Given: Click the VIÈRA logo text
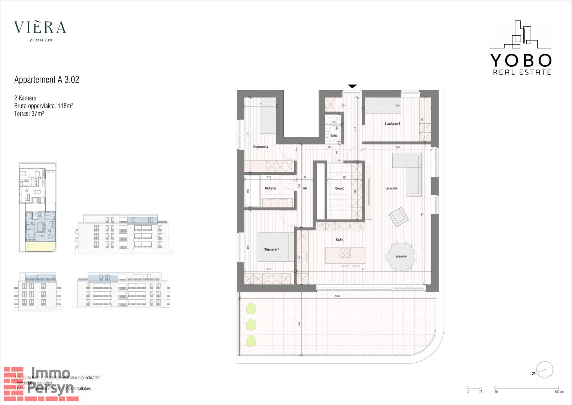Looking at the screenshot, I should coord(40,27).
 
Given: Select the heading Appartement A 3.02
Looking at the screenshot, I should coord(47,79).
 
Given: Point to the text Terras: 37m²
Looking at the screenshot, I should coord(29,113).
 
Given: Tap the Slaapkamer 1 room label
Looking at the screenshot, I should coord(271,249).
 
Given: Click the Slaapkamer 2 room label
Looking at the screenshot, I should coord(392,123).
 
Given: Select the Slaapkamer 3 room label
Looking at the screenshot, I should coord(260,147).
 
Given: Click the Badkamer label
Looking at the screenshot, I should coord(270,188).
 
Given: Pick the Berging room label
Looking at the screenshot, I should coord(340,188).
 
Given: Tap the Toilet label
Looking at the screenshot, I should coord(334,136).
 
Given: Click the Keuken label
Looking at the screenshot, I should coord(340,239).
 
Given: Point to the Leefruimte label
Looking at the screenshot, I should coord(391,188).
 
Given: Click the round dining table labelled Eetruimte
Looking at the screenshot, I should coord(401,256).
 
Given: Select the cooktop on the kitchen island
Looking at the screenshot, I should coord(345,253).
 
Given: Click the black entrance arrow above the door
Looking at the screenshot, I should coord(352,86).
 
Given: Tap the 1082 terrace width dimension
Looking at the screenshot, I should coord(338,296).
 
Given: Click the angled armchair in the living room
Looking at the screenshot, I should coord(399,217).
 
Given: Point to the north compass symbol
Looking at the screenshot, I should coord(544,370).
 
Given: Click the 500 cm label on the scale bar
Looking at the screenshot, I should coord(559,392).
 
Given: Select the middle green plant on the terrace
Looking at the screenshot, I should coord(251,324).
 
